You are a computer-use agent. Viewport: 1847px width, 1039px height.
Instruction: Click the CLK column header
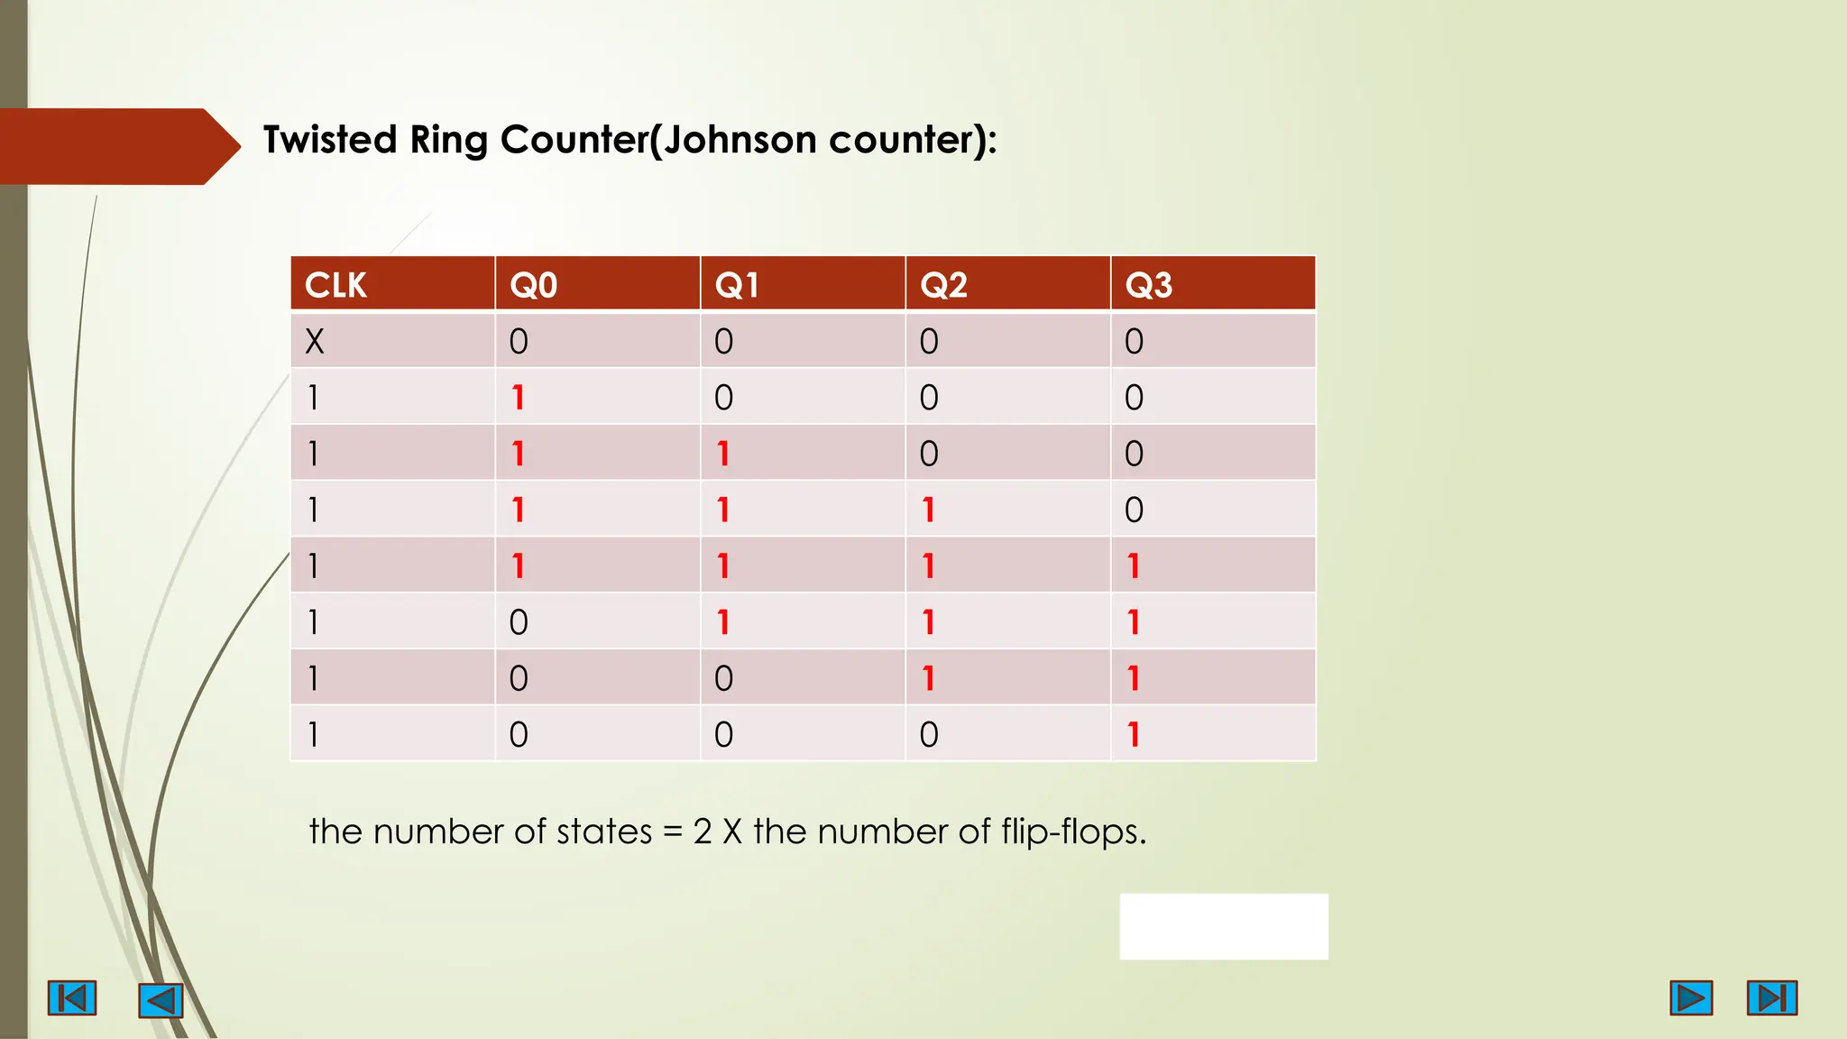click(x=335, y=285)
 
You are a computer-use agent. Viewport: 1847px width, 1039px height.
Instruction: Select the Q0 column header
click(x=533, y=285)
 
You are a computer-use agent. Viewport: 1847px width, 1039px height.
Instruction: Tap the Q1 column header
click(x=737, y=285)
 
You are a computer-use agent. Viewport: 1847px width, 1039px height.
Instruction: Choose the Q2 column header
click(x=943, y=285)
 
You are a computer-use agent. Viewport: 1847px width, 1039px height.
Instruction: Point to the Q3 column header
click(x=1148, y=285)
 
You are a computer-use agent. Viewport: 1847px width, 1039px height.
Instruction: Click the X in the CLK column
click(x=314, y=342)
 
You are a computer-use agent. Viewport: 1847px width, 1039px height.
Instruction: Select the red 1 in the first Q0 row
click(x=518, y=398)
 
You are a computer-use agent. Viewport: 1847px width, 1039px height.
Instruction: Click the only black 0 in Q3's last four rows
click(x=1134, y=510)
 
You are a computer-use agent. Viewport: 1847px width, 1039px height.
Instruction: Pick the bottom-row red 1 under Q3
click(x=1134, y=735)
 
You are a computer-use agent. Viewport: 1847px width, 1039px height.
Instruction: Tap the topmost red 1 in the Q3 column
click(x=1134, y=566)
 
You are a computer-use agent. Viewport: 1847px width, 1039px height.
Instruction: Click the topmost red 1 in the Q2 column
click(x=928, y=510)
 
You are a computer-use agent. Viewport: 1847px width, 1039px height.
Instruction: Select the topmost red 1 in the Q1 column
click(x=723, y=454)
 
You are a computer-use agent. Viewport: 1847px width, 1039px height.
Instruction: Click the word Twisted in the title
click(x=330, y=141)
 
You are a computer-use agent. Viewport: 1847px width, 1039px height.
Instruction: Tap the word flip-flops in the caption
click(x=1073, y=832)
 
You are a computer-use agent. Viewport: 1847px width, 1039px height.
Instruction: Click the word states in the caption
click(x=603, y=832)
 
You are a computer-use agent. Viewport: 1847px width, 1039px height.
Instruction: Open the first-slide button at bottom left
click(x=72, y=998)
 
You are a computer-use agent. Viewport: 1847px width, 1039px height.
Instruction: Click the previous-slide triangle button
click(x=161, y=1000)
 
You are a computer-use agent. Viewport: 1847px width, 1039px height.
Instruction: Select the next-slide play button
click(x=1691, y=998)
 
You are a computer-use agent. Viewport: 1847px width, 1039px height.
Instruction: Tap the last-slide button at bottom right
click(x=1771, y=998)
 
